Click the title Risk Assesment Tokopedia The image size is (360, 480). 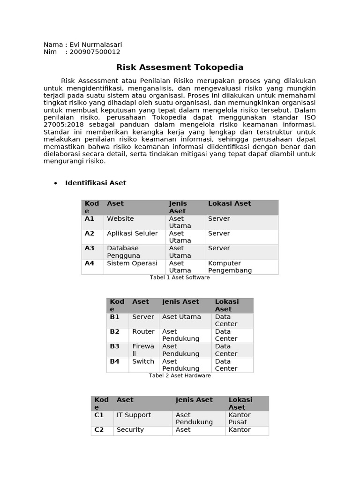180,67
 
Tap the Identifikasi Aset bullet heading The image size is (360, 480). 96,183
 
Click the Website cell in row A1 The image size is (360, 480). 120,219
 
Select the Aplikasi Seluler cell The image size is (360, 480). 132,233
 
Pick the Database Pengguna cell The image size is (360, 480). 124,252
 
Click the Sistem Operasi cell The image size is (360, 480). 132,263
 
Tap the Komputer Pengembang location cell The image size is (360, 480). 230,267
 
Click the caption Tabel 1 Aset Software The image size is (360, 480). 180,277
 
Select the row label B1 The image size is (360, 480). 115,317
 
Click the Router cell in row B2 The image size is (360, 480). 143,332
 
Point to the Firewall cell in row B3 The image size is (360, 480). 143,350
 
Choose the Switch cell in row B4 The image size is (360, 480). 143,361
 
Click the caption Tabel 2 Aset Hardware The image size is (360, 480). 180,375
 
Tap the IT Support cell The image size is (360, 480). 134,415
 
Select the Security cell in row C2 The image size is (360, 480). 130,430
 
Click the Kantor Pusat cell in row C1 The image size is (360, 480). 240,419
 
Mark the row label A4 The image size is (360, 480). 90,263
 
